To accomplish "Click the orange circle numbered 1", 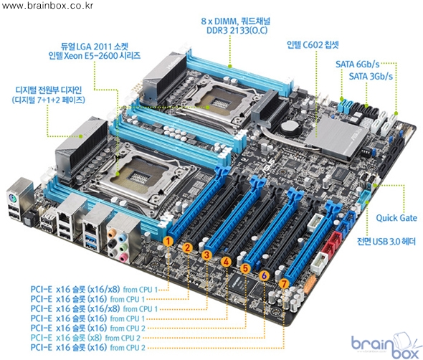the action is pos(168,241).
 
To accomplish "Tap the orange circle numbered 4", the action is pos(226,262).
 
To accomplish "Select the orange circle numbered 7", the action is pos(283,283).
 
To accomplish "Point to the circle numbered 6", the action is pos(264,275).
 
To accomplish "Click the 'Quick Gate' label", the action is pos(396,218).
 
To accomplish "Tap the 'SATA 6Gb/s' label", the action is pos(358,65).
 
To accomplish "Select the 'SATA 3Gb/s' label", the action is pos(371,76).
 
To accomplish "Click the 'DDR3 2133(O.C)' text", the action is pos(237,30).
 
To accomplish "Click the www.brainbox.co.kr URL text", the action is pos(47,6).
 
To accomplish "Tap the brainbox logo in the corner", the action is pos(386,345).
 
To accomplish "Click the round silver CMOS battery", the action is pos(290,126).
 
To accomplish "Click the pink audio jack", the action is pos(123,257).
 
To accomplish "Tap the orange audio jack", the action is pos(111,232).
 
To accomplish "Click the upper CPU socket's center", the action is pos(220,103).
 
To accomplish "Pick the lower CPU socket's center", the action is pos(138,176).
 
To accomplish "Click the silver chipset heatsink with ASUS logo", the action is pos(337,137).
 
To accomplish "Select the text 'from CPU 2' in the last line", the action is pos(128,348).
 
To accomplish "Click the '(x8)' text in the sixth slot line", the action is pos(95,338).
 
